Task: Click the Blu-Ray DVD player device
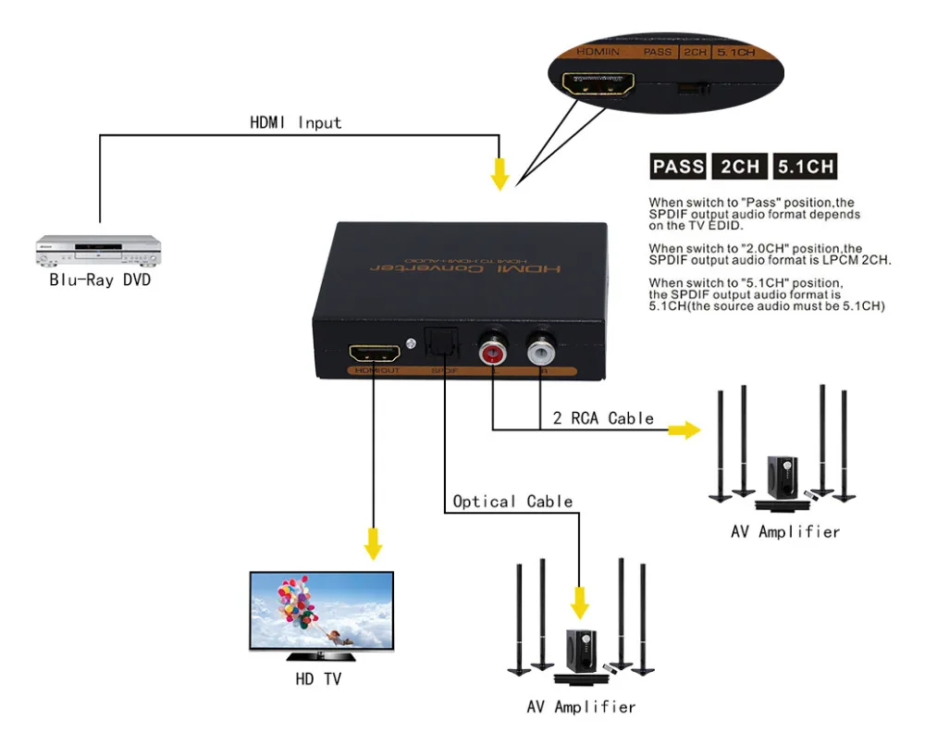pyautogui.click(x=98, y=247)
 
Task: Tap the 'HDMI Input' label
pyautogui.click(x=295, y=122)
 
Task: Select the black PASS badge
pyautogui.click(x=678, y=167)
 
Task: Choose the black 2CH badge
pyautogui.click(x=740, y=167)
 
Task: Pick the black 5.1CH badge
pyautogui.click(x=806, y=167)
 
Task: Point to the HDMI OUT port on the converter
pyautogui.click(x=375, y=354)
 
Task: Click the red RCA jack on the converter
pyautogui.click(x=491, y=353)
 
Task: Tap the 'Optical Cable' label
pyautogui.click(x=512, y=502)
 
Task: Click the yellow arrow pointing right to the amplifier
pyautogui.click(x=684, y=429)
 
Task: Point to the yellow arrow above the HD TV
pyautogui.click(x=373, y=543)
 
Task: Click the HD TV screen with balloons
pyautogui.click(x=321, y=612)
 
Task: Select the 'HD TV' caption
pyautogui.click(x=317, y=680)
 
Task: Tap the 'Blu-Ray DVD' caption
pyautogui.click(x=99, y=280)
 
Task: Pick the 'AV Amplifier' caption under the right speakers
pyautogui.click(x=785, y=532)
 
